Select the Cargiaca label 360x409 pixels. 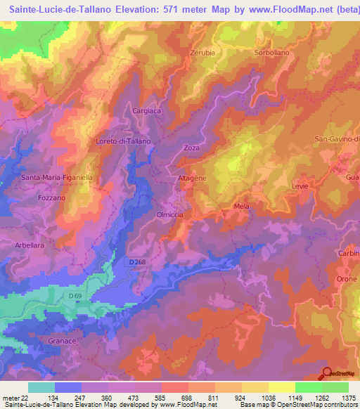(x=147, y=111)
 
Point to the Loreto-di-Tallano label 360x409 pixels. (x=123, y=141)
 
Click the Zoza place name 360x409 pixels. (x=192, y=148)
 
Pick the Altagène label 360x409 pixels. (x=191, y=179)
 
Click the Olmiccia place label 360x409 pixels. (x=170, y=214)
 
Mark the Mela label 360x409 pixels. (x=241, y=207)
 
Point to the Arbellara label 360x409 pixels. (x=30, y=245)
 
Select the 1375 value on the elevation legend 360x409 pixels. (x=348, y=398)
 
